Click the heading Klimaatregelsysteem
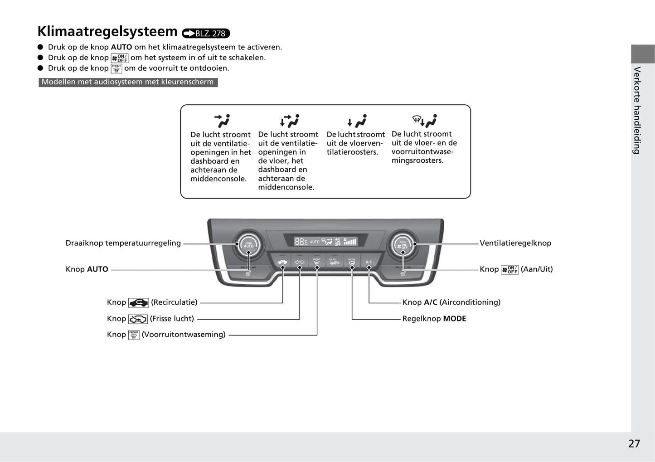[x=107, y=32]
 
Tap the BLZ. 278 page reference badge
[x=206, y=33]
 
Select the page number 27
[x=634, y=443]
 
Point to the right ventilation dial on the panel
[x=403, y=245]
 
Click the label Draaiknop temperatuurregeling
[x=123, y=243]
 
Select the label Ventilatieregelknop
[x=515, y=243]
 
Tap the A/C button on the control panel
[x=369, y=262]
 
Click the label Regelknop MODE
[x=434, y=319]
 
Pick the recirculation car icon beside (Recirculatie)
[x=138, y=303]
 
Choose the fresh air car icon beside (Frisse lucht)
[x=138, y=319]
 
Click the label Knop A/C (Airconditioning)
[x=451, y=302]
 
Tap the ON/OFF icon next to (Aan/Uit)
[x=509, y=270]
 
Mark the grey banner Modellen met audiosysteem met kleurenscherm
[x=128, y=82]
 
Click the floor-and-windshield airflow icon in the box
[x=424, y=121]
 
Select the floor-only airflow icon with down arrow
[x=356, y=121]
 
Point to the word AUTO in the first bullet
[x=121, y=47]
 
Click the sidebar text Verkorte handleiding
[x=637, y=110]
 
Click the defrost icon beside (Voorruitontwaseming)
[x=134, y=335]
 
